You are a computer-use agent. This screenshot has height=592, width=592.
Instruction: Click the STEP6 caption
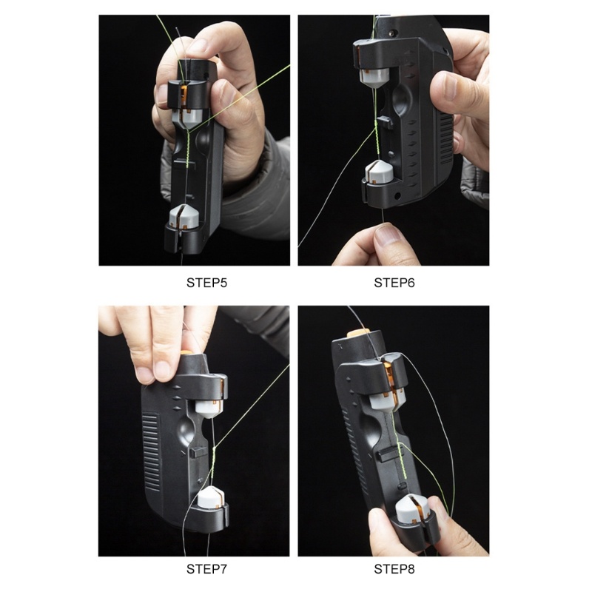click(393, 282)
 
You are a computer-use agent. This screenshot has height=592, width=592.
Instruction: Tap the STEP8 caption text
click(393, 569)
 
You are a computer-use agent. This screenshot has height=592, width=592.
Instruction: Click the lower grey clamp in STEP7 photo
click(211, 499)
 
